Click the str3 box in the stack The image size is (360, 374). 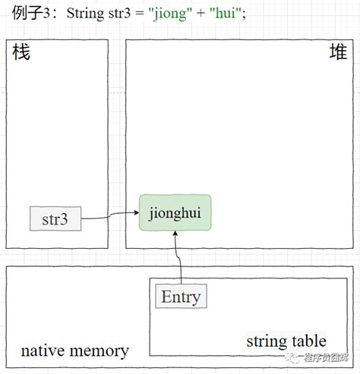[55, 218]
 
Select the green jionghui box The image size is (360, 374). [175, 212]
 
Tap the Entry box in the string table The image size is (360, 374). [181, 296]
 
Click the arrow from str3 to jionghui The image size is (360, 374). [110, 217]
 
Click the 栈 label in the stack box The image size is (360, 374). [21, 53]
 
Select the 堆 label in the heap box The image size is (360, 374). [337, 53]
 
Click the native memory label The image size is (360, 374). [74, 350]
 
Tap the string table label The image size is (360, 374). [286, 341]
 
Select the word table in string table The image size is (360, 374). [308, 341]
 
